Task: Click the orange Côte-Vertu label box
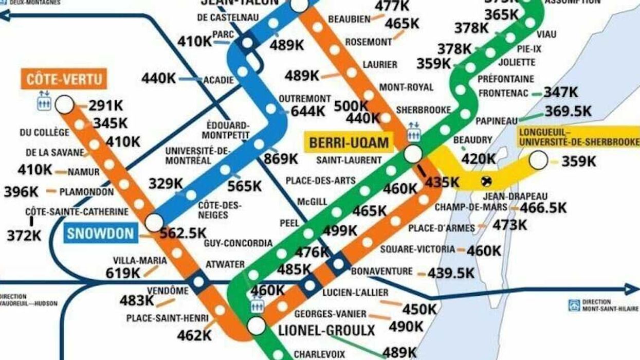[64, 79]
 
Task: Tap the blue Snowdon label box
[101, 233]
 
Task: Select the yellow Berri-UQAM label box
[349, 142]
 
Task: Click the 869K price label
[281, 159]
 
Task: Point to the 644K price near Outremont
[308, 111]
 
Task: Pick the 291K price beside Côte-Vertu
[106, 105]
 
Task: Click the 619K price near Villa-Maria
[123, 273]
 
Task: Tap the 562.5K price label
[183, 233]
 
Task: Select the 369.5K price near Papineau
[569, 111]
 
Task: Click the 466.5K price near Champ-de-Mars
[543, 208]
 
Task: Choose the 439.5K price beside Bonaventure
[451, 273]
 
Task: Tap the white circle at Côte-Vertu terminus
[65, 105]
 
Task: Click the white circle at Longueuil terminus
[538, 160]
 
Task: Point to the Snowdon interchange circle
[154, 223]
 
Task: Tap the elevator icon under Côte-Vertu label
[43, 100]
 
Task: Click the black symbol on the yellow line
[485, 181]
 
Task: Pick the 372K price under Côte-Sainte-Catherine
[24, 236]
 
